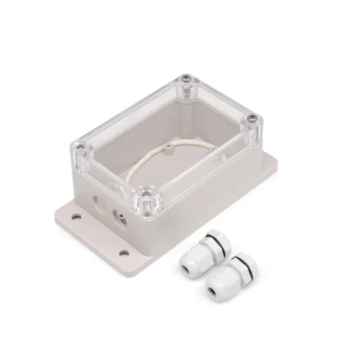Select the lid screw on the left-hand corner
[x=82, y=146]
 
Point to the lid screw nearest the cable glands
[x=150, y=189]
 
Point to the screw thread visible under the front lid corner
[x=150, y=204]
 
